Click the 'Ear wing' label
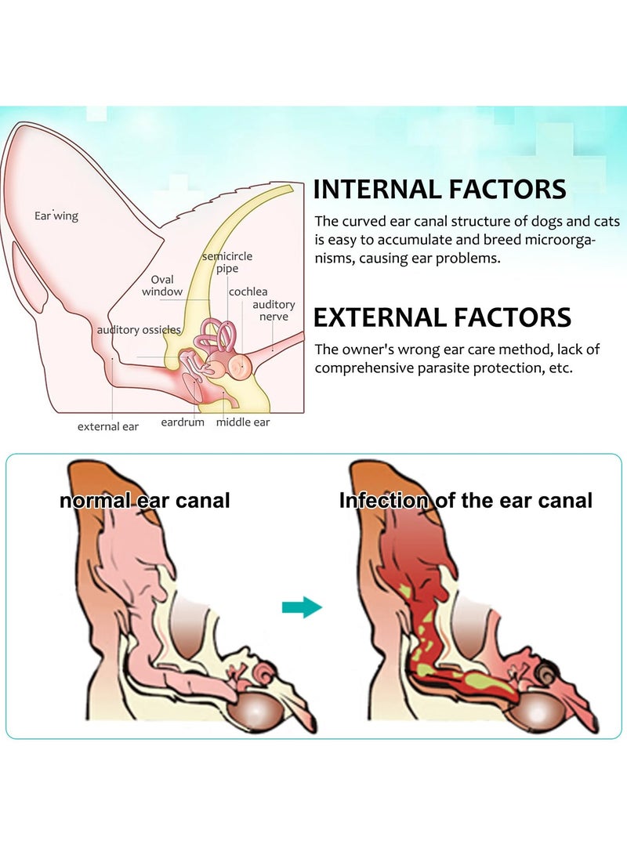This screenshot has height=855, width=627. pos(56,216)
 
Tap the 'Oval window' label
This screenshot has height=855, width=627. pos(162,285)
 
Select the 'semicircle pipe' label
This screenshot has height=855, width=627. pos(227,262)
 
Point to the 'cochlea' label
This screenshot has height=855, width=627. pos(248,292)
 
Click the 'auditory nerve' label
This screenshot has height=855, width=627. pos(274,310)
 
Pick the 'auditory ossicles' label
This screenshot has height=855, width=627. pos(139,330)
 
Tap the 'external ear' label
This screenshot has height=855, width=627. pos(108,426)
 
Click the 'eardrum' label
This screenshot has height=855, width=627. pos(183,422)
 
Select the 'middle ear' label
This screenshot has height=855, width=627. pos(243,422)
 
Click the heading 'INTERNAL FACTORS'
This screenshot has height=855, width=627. pos(440,189)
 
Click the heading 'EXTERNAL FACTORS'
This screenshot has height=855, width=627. pos(442,317)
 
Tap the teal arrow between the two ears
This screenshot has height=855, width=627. pos(302,607)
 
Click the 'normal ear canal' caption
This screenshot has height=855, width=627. pos(145,501)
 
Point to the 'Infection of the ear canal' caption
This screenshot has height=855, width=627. pos(466,501)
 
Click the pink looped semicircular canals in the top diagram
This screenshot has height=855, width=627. pos(217,336)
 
